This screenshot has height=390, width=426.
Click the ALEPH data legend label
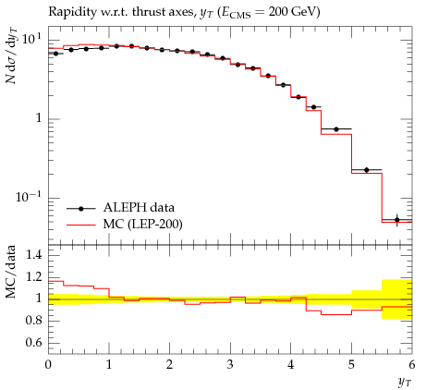[139, 208]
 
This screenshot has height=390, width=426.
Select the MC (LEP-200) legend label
[143, 225]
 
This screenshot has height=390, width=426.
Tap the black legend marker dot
[81, 209]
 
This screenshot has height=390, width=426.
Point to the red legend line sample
[81, 225]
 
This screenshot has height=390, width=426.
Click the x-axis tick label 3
[230, 365]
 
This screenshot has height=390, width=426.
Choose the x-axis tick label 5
[351, 365]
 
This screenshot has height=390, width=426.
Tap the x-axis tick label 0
[48, 365]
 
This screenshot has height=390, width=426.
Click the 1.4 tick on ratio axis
[33, 255]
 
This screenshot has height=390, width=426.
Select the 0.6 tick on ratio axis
[33, 343]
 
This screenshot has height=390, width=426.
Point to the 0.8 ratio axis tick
[33, 321]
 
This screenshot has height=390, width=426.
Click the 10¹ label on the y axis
[31, 40]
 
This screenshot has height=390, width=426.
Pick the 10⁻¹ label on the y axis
[29, 197]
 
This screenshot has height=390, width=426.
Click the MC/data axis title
[11, 272]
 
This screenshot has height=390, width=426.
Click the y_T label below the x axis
[404, 383]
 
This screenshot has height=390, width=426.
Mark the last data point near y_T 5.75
[396, 220]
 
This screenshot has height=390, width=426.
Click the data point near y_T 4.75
[336, 129]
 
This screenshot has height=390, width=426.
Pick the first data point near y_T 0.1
[55, 54]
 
